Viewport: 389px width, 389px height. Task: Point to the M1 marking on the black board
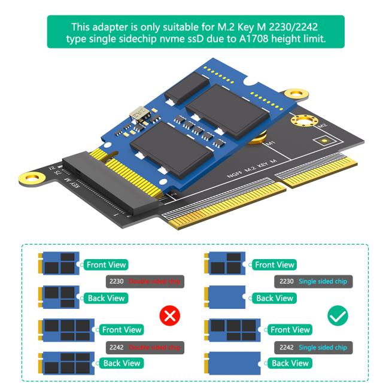(x=270, y=144)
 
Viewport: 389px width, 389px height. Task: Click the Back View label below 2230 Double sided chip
(x=107, y=298)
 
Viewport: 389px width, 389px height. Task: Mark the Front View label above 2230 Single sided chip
(x=274, y=264)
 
